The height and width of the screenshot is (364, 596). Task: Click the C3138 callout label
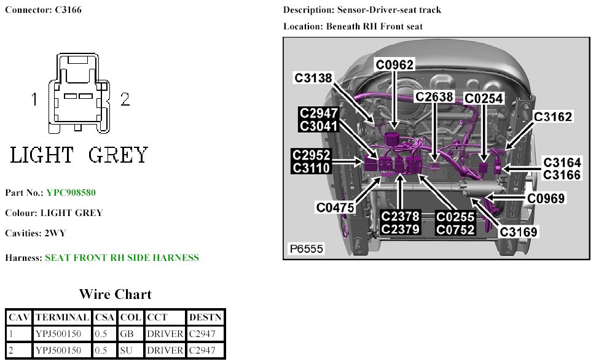point(313,78)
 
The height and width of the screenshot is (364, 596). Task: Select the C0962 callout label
point(395,64)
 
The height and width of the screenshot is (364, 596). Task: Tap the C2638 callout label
point(434,97)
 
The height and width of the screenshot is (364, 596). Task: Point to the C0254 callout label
point(484,98)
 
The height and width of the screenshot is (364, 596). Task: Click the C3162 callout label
point(553,117)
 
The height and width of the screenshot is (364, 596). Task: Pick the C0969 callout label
point(546,198)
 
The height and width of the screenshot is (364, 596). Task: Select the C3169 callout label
point(519,232)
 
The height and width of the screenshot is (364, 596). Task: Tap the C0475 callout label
point(335,207)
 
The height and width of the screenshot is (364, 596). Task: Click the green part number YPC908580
point(71,193)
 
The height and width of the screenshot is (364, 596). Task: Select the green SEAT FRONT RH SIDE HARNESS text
point(122,258)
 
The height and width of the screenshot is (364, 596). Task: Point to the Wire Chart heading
point(115,294)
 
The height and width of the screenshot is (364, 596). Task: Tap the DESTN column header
point(206,317)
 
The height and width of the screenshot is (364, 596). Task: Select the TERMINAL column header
point(62,317)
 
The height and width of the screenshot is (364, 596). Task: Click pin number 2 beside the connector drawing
point(125,100)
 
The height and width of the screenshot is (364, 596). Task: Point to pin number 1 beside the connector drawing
point(36,99)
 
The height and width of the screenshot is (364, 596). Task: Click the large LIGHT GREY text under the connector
point(79,155)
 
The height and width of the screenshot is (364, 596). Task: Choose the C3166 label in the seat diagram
point(562,176)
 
